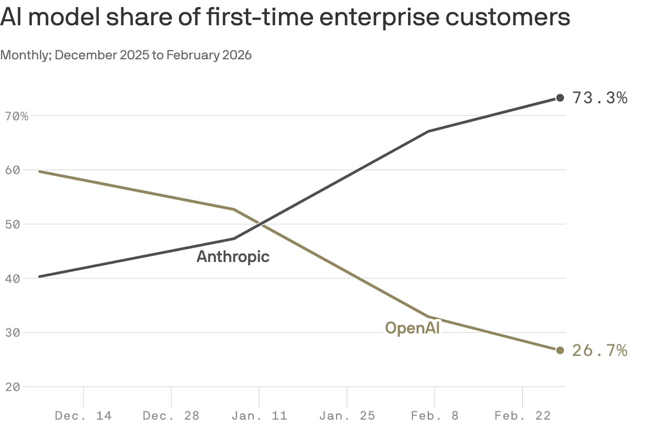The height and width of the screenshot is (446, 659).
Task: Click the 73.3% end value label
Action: [x=600, y=98]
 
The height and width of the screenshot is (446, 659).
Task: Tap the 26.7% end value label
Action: [x=600, y=350]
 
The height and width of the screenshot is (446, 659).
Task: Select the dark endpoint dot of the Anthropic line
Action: [x=560, y=98]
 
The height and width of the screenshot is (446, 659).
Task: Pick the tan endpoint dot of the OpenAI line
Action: [x=560, y=350]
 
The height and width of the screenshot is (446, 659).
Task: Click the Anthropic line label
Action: [x=233, y=257]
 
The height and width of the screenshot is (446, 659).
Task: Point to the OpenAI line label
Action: [x=412, y=328]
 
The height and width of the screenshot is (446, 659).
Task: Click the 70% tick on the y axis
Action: [x=17, y=116]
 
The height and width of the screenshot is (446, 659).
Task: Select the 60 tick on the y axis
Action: [x=13, y=170]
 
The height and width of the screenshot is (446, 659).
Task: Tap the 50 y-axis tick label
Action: [x=13, y=225]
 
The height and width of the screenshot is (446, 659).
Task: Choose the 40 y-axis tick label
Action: [x=13, y=278]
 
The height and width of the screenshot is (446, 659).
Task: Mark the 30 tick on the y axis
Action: [x=13, y=333]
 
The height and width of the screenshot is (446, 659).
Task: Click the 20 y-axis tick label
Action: [x=13, y=387]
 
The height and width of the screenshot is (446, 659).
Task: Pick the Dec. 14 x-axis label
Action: [x=83, y=416]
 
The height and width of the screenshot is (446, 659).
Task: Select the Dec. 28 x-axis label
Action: [x=171, y=416]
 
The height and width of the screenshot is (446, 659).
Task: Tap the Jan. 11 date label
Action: [x=259, y=416]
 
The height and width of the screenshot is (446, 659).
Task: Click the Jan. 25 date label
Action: [x=347, y=416]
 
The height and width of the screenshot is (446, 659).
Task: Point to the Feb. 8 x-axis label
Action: [x=434, y=416]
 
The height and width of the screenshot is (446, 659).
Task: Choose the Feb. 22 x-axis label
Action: [x=522, y=416]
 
